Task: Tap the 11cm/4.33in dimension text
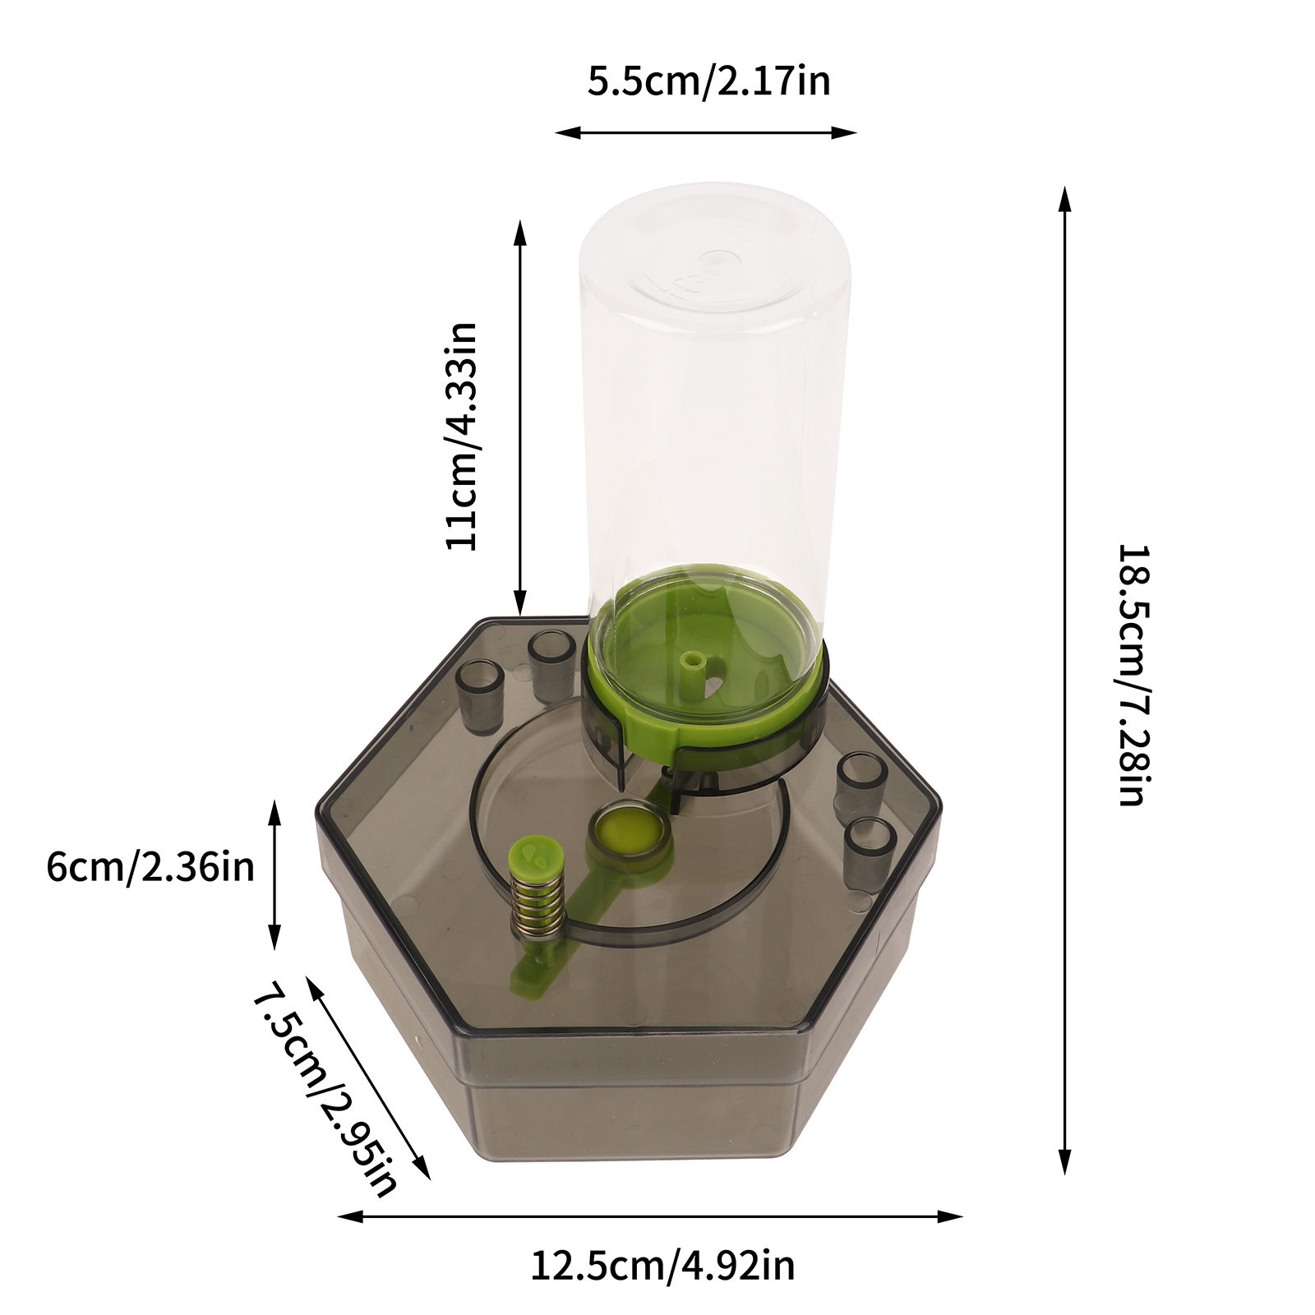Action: coord(461,436)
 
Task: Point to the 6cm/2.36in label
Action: coord(150,867)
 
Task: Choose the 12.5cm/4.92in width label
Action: coord(662,1266)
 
